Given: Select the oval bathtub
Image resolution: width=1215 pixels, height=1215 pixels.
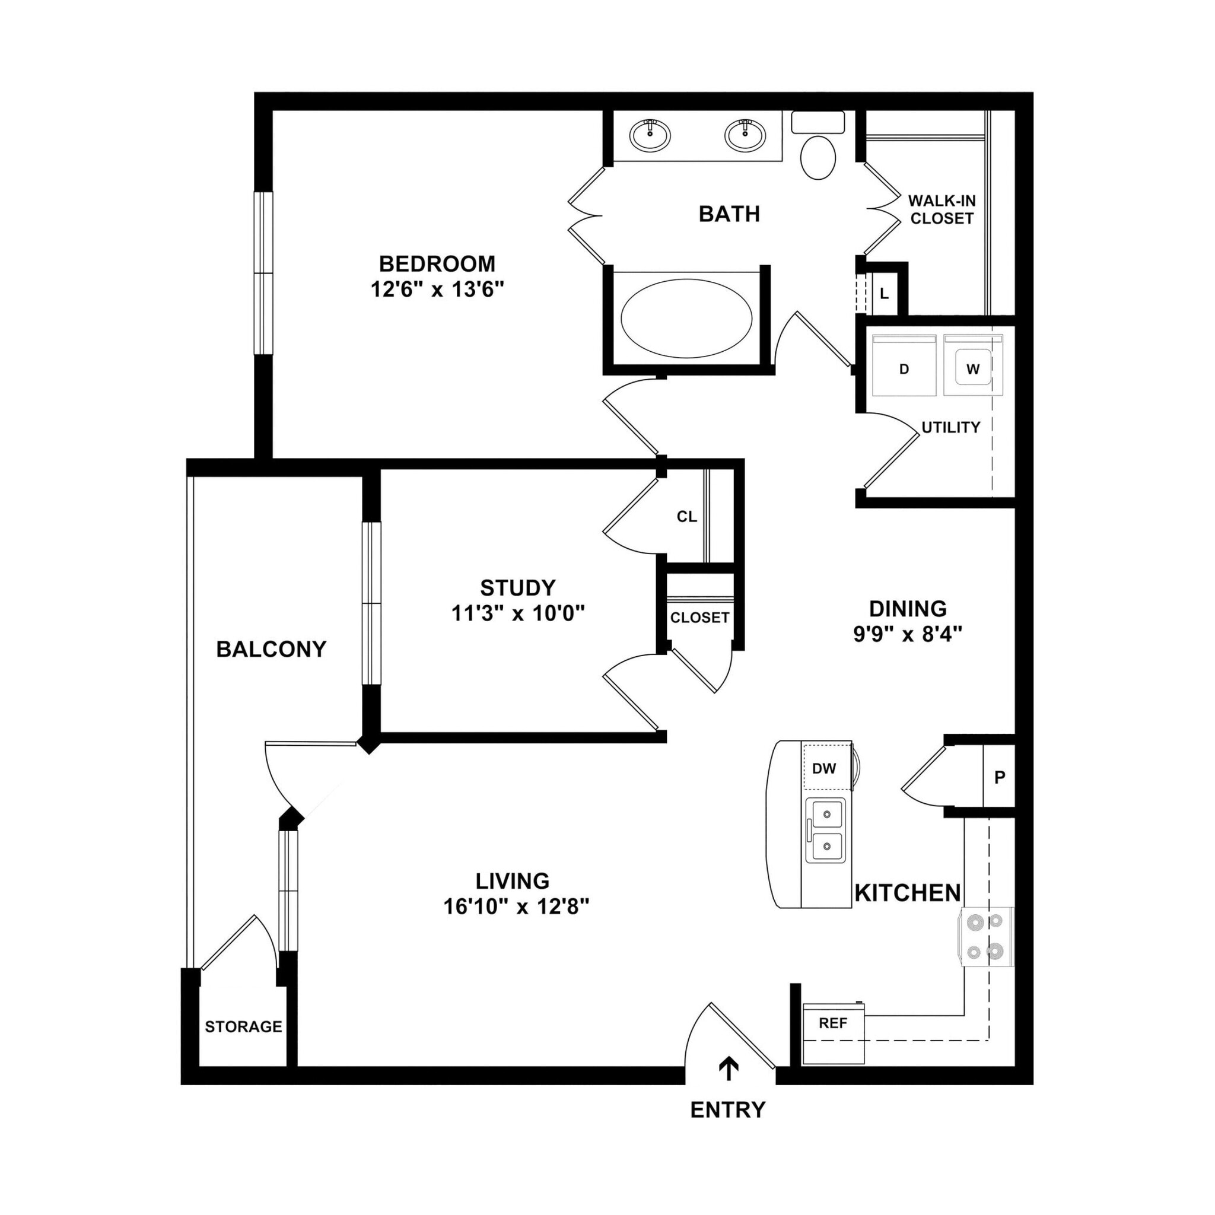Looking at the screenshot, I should [x=686, y=318].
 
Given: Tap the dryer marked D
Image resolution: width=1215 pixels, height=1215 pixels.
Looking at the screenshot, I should [x=904, y=368].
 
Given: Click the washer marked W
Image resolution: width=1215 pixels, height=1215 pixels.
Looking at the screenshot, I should [x=972, y=368].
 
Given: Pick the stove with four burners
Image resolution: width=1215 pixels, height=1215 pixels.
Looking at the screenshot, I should [x=985, y=936].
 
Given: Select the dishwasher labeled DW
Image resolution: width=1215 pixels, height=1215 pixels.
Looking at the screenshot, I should [x=824, y=768].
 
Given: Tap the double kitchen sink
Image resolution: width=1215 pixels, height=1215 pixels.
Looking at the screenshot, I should [x=826, y=830].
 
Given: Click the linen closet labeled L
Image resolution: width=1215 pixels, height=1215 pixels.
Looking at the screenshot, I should [x=884, y=294].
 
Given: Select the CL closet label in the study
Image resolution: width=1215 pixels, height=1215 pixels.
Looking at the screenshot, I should [x=687, y=517].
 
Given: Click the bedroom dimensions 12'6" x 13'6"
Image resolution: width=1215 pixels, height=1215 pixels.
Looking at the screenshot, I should [x=437, y=290].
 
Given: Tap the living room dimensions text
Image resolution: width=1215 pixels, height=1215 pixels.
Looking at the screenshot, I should [x=516, y=907].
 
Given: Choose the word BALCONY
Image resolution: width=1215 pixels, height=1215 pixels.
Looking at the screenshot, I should [x=271, y=649].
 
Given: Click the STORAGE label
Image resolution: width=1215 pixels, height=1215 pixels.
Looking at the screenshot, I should [x=243, y=1026].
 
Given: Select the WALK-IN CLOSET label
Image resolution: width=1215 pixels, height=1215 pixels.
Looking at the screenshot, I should [x=942, y=209].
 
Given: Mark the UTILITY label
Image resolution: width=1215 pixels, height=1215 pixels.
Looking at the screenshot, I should [x=950, y=428].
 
